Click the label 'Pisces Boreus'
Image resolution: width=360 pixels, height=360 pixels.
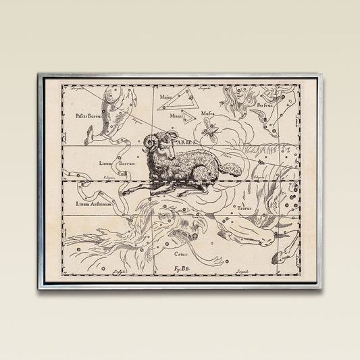(90, 115)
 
